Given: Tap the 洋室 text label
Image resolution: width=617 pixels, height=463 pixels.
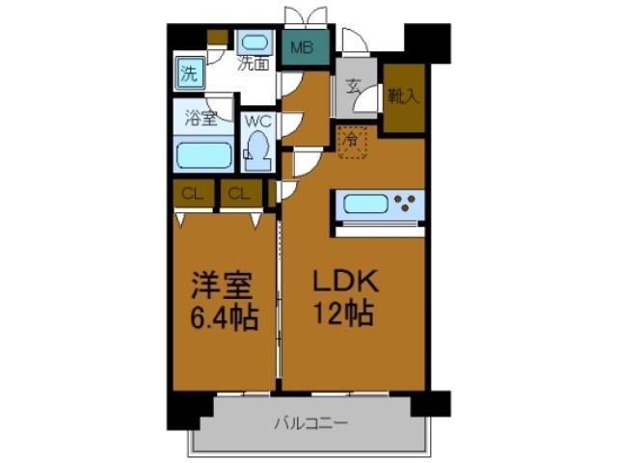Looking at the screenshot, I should (x=221, y=286).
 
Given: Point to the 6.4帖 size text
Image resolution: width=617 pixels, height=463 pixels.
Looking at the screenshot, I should (x=221, y=317).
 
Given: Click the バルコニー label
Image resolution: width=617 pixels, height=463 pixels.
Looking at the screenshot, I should (x=308, y=422).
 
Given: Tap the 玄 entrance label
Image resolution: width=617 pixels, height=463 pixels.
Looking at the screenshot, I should (x=354, y=87).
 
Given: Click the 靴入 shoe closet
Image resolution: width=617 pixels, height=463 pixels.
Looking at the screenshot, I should (x=403, y=96).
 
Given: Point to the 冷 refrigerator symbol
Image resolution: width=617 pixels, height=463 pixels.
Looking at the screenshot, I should (x=353, y=142).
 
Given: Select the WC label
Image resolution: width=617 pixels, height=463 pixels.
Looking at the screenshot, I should (x=256, y=123).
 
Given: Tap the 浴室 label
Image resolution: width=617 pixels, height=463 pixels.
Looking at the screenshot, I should (x=201, y=122).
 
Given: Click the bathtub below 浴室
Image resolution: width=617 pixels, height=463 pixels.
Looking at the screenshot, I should (x=202, y=155).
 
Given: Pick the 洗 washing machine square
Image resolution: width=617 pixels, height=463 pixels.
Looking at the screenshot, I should (x=190, y=72).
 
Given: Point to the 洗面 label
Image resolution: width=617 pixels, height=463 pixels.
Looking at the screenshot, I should (x=254, y=66).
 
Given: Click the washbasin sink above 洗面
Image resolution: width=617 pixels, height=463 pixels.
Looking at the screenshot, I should (x=255, y=43).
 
